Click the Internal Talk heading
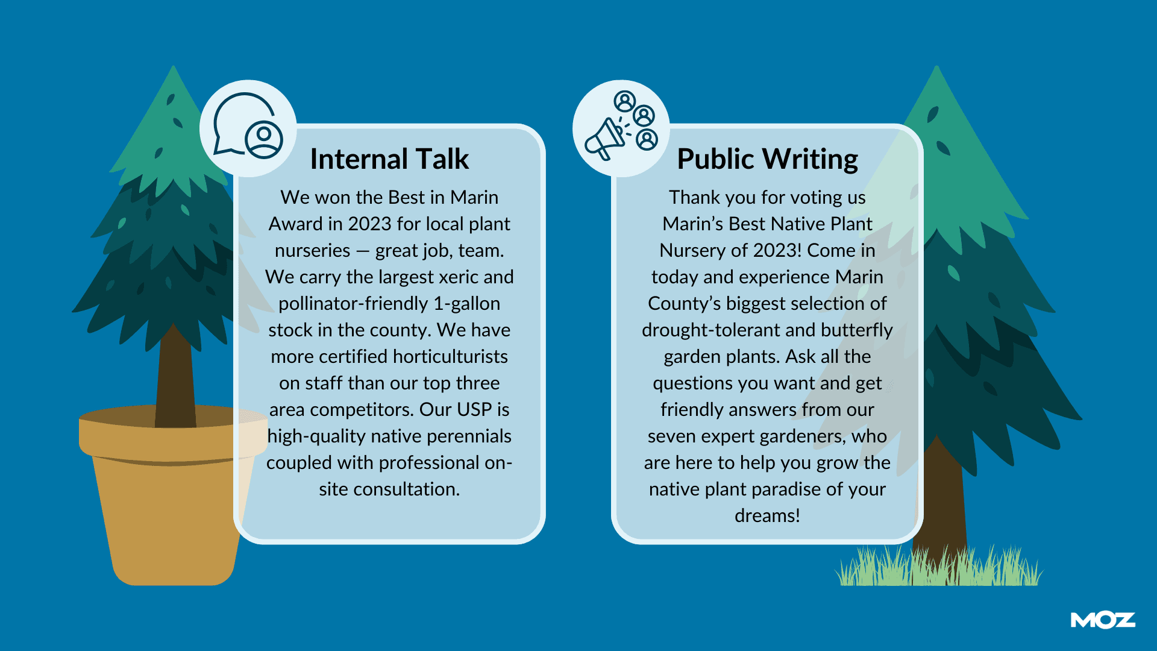389,159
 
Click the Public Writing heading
767,160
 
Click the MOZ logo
1103,620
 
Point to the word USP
475,409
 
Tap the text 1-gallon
466,304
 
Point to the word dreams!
767,516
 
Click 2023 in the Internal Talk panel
369,224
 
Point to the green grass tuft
938,567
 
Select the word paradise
782,489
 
